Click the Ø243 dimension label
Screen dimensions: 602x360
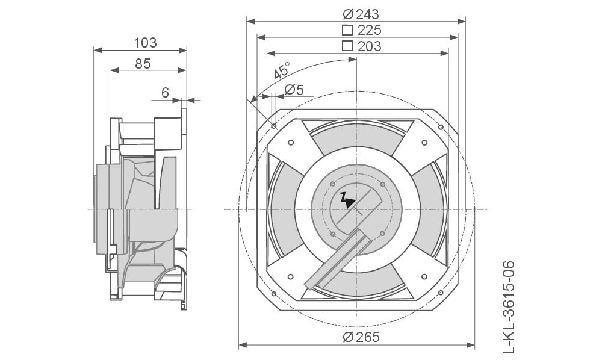[361, 14]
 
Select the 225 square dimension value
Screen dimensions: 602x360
[370, 30]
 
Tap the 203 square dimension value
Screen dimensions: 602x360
[370, 46]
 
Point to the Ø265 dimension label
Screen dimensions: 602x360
[361, 337]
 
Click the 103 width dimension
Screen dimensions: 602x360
[145, 43]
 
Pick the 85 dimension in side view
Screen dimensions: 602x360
[143, 64]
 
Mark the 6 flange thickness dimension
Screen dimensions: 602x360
[165, 93]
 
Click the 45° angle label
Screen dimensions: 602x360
[282, 70]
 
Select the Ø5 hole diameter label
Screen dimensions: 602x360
[294, 90]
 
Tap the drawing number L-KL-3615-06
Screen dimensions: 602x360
[508, 307]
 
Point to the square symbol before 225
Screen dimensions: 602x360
[347, 30]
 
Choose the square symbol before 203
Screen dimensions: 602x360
[347, 46]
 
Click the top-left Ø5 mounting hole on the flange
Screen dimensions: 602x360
[274, 126]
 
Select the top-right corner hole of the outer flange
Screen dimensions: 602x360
[441, 127]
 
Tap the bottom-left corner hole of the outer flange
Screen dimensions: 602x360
[274, 294]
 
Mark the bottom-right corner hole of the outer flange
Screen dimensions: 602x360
[441, 293]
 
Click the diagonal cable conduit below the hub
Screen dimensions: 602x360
[337, 259]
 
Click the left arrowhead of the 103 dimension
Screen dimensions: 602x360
[98, 50]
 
